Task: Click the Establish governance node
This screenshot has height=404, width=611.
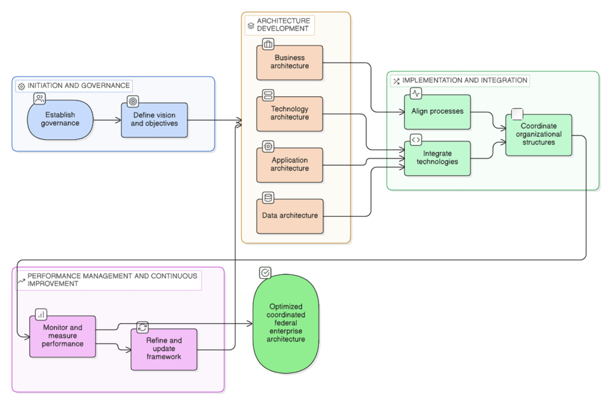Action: (60, 120)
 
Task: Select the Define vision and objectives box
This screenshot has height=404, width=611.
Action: (154, 120)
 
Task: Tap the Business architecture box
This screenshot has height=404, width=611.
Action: (290, 62)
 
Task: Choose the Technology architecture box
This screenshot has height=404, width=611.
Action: (290, 114)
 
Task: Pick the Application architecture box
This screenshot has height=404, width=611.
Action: (290, 164)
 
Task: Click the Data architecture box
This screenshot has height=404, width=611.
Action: (290, 216)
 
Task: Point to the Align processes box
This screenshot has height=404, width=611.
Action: (437, 112)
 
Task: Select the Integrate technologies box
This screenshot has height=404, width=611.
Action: (437, 158)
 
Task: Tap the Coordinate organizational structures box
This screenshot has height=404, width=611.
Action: (538, 135)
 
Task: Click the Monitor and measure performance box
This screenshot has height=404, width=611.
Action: (63, 336)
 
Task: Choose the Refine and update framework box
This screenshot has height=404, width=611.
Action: (164, 349)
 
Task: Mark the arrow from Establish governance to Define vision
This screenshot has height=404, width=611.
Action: (108, 120)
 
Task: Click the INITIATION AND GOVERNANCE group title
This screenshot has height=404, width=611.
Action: (78, 86)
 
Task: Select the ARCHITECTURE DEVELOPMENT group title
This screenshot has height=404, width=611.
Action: (283, 25)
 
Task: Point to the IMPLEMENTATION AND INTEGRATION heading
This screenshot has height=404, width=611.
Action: (464, 80)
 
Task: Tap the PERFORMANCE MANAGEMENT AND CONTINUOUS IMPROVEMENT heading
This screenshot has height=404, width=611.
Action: (112, 280)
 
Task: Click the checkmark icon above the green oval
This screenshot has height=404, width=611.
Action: (265, 273)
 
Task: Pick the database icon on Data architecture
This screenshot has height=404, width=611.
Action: (268, 197)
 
